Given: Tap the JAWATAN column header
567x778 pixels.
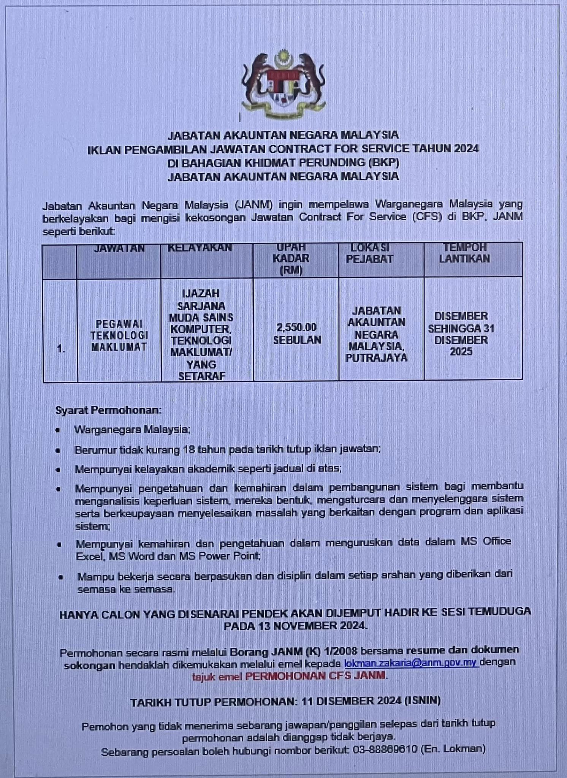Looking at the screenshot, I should [119, 249].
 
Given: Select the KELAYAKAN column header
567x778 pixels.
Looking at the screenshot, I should [200, 248].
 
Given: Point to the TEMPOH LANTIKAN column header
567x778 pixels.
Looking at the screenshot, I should [464, 253].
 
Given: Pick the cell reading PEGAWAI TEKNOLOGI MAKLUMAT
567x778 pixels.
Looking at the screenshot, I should [119, 335].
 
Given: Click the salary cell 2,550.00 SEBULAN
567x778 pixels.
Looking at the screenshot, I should [297, 333].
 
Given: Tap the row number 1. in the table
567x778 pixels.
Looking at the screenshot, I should [61, 349].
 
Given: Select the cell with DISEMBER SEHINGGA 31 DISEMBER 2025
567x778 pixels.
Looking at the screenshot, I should [461, 333].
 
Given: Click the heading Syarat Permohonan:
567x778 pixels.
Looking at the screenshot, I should [108, 410].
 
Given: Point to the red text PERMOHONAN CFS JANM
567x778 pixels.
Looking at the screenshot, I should [315, 676].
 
